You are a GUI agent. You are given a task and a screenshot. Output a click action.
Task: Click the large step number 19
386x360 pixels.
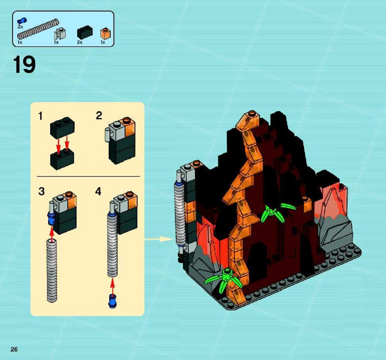click(x=24, y=64)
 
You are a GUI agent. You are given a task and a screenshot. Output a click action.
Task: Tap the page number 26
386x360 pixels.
click(x=14, y=349)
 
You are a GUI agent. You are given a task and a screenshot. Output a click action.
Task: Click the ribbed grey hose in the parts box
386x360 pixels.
click(x=38, y=30)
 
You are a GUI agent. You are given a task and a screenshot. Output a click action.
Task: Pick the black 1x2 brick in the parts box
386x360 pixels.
click(x=85, y=33)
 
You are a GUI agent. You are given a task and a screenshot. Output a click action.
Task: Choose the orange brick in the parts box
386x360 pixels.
click(x=105, y=33)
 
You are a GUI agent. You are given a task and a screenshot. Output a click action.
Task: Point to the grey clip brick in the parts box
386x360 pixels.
click(x=60, y=34)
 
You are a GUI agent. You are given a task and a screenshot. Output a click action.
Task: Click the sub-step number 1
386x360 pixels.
click(x=41, y=116)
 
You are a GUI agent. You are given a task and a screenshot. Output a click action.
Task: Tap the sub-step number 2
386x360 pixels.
click(x=99, y=115)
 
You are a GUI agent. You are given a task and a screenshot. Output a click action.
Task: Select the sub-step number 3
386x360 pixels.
click(x=41, y=191)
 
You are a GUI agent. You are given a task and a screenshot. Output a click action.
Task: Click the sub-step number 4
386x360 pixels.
click(x=98, y=191)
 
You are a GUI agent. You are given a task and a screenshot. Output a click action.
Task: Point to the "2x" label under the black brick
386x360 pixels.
click(x=80, y=42)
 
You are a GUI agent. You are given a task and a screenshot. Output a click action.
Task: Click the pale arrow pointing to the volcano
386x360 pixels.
click(x=158, y=239)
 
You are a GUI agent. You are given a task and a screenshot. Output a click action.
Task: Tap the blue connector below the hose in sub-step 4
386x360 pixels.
click(x=113, y=302)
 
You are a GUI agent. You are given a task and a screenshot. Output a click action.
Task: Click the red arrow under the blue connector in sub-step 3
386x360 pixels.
click(x=52, y=234)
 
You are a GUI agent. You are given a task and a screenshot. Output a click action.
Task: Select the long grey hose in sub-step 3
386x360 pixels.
click(x=52, y=271)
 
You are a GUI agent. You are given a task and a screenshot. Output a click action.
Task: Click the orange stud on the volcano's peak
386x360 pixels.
click(x=252, y=113)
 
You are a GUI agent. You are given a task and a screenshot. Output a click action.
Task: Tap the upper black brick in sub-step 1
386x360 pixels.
click(x=63, y=128)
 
